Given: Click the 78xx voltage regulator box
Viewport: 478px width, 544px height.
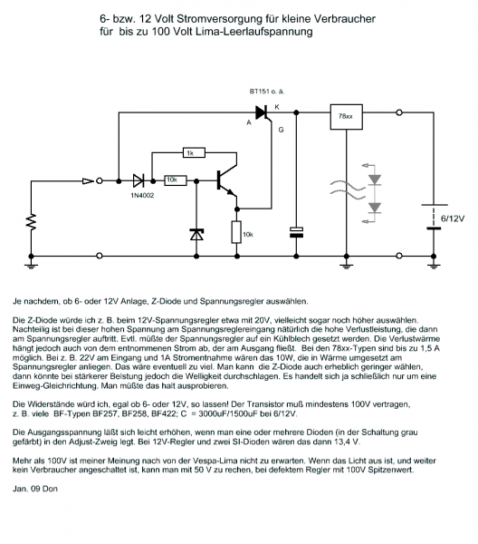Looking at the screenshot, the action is [347, 117].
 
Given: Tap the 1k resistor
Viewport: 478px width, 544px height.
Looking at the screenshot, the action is [194, 152].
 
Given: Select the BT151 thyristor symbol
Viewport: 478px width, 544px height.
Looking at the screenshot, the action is [263, 113].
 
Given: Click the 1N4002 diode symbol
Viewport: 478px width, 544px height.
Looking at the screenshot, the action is [139, 180].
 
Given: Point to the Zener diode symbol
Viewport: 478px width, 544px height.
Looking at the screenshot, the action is [196, 235].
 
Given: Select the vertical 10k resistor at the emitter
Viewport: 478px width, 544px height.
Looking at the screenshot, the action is [236, 232].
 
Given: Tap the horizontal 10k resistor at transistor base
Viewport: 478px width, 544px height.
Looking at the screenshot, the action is [176, 180].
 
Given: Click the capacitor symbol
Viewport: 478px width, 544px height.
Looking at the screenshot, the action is [296, 232].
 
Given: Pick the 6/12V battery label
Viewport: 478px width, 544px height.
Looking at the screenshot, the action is [453, 219].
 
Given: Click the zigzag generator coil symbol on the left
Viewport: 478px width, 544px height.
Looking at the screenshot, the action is [31, 222].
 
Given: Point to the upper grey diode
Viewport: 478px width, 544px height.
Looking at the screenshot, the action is [375, 180].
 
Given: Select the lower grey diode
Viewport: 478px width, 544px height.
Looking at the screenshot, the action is [375, 208].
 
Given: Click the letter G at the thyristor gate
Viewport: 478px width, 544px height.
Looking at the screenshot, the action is [281, 130].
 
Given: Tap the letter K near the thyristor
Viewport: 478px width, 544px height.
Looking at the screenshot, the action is [277, 107].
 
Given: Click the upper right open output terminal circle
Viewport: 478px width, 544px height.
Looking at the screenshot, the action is [399, 112].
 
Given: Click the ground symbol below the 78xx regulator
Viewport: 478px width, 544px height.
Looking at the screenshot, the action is [347, 267].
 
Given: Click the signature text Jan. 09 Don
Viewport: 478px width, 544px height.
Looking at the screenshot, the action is [35, 489].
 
